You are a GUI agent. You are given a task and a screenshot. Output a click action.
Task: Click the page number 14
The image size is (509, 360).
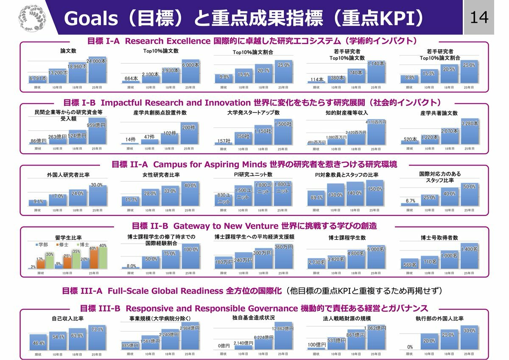pos(479,17)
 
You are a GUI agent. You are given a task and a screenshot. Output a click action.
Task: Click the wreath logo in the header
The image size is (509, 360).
pos(31,17)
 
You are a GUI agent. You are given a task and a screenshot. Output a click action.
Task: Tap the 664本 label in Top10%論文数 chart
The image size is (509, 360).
pos(131,79)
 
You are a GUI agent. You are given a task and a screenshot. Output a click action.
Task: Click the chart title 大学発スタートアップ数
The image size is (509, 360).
pos(253,112)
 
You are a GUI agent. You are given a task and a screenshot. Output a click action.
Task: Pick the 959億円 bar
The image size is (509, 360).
pos(98,134)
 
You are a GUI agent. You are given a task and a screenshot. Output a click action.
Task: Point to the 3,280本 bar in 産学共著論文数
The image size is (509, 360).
pos(469,132)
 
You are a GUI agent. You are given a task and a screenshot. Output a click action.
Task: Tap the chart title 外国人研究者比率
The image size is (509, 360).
pos(68,175)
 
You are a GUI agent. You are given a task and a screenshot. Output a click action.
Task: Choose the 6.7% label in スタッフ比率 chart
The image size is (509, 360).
pos(410,201)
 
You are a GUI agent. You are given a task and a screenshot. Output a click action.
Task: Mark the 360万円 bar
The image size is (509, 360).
pos(283,257)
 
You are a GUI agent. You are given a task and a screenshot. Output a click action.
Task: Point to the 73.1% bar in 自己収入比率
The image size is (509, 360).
pos(98,337)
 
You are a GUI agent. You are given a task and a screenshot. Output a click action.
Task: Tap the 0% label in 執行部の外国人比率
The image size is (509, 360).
pos(410,347)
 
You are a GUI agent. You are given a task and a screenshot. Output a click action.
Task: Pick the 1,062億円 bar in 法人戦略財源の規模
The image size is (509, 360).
pos(376,337)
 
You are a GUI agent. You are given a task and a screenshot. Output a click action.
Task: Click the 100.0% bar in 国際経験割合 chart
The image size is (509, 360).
pos(190,257)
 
